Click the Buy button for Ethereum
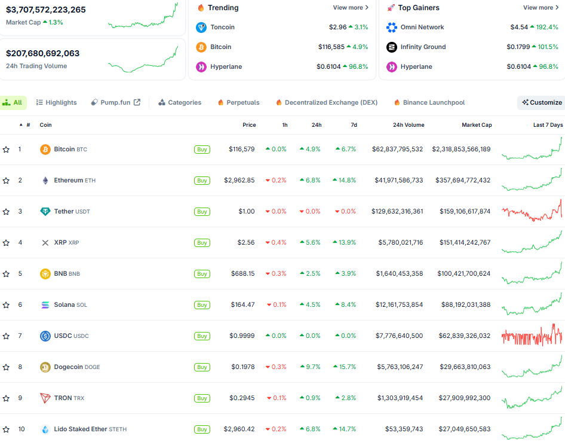click(x=202, y=181)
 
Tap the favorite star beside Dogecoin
click(x=6, y=367)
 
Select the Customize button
click(x=542, y=102)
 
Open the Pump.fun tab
click(x=115, y=102)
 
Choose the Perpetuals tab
click(x=238, y=102)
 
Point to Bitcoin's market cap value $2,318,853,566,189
click(x=461, y=149)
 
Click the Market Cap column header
click(x=477, y=125)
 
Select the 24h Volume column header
click(x=409, y=125)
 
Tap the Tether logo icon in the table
click(x=45, y=211)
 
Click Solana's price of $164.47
click(x=242, y=304)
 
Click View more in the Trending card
click(x=351, y=8)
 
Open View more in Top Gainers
click(x=541, y=8)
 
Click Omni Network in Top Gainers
click(x=422, y=27)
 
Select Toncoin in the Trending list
click(x=222, y=27)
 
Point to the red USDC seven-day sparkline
click(x=532, y=336)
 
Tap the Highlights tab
click(x=57, y=102)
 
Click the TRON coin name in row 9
click(x=63, y=398)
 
